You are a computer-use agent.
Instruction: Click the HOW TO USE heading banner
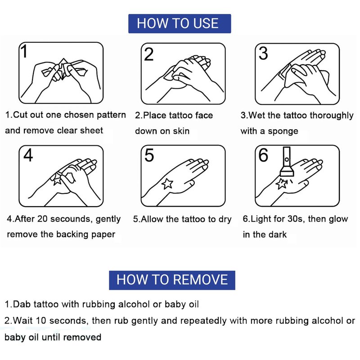click(x=180, y=24)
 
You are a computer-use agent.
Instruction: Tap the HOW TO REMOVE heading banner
click(x=172, y=280)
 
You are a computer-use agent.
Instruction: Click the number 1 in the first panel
click(x=24, y=51)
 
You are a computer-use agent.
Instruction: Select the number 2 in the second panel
click(x=148, y=54)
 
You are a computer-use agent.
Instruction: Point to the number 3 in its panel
click(x=263, y=54)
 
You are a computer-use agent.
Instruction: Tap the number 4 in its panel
click(x=28, y=155)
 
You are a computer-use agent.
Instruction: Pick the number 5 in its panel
click(x=149, y=155)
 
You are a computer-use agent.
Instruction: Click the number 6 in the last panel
click(x=263, y=155)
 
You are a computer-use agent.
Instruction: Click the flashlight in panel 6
click(x=287, y=162)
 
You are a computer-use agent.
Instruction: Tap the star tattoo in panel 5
click(x=167, y=184)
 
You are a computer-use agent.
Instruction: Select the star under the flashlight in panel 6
click(x=281, y=184)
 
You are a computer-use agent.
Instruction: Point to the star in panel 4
click(x=57, y=180)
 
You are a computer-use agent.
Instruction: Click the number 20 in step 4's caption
click(x=42, y=219)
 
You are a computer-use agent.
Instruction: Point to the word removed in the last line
click(x=82, y=337)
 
